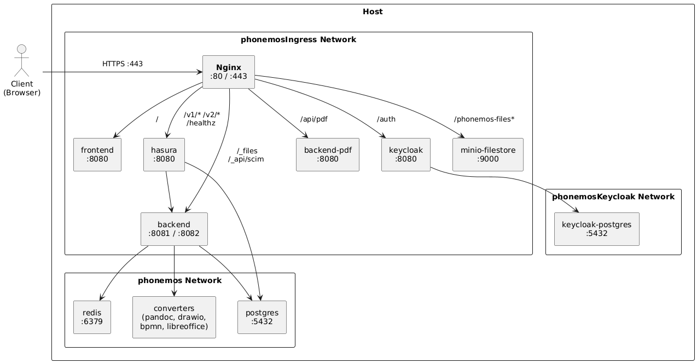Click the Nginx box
click(229, 72)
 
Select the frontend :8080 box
click(97, 155)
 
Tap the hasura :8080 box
click(164, 155)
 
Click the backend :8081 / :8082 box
click(174, 229)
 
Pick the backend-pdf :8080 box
click(327, 155)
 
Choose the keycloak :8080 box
click(406, 155)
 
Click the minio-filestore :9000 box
click(488, 155)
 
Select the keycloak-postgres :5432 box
click(596, 229)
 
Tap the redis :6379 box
click(92, 317)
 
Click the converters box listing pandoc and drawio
click(174, 317)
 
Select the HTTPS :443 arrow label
click(123, 64)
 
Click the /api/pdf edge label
click(314, 119)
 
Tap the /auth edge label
click(386, 119)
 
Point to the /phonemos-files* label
click(484, 119)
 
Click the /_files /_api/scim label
click(247, 155)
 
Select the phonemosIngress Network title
click(298, 39)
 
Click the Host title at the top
click(373, 11)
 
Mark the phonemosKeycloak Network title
click(613, 197)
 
